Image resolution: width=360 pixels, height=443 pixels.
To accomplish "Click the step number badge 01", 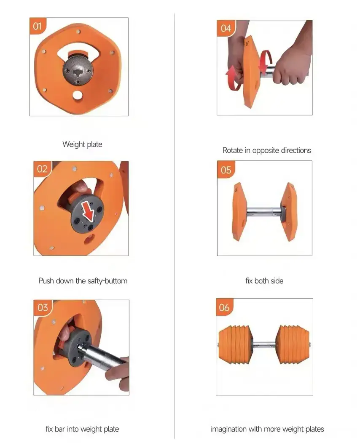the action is coord(38,26).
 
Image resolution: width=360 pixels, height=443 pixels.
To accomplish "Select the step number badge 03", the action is coord(43,308).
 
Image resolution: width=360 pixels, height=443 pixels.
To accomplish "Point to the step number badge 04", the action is coord(226,28).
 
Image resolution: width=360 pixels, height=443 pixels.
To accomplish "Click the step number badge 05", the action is coord(226,170).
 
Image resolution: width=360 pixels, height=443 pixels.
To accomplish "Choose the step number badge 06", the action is coord(224,307).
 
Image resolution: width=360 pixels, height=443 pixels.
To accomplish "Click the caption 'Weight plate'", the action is coord(82,144).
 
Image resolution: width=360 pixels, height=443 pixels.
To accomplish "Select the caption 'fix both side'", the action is coord(264,281).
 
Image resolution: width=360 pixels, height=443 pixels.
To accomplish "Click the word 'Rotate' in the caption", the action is coord(233,150).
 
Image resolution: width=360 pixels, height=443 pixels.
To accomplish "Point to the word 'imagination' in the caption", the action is coord(228,429).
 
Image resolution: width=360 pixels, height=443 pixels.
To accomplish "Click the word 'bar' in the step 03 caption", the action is coord(60,429).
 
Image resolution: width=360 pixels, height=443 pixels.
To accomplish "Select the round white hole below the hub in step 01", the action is coord(77,95).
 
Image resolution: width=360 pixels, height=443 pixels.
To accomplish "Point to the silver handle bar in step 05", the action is coord(264,212).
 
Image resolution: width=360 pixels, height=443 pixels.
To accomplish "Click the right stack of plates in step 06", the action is coord(293,345).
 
